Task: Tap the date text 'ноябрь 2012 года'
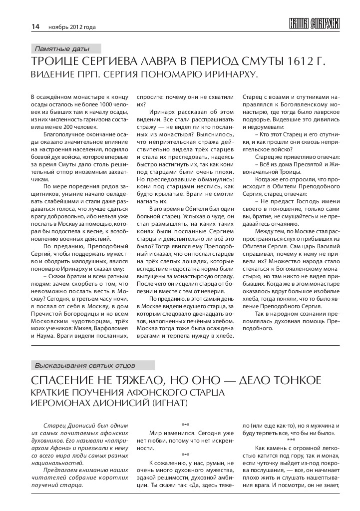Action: (71, 27)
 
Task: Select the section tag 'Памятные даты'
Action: (62, 49)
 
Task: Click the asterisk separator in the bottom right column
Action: (291, 440)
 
